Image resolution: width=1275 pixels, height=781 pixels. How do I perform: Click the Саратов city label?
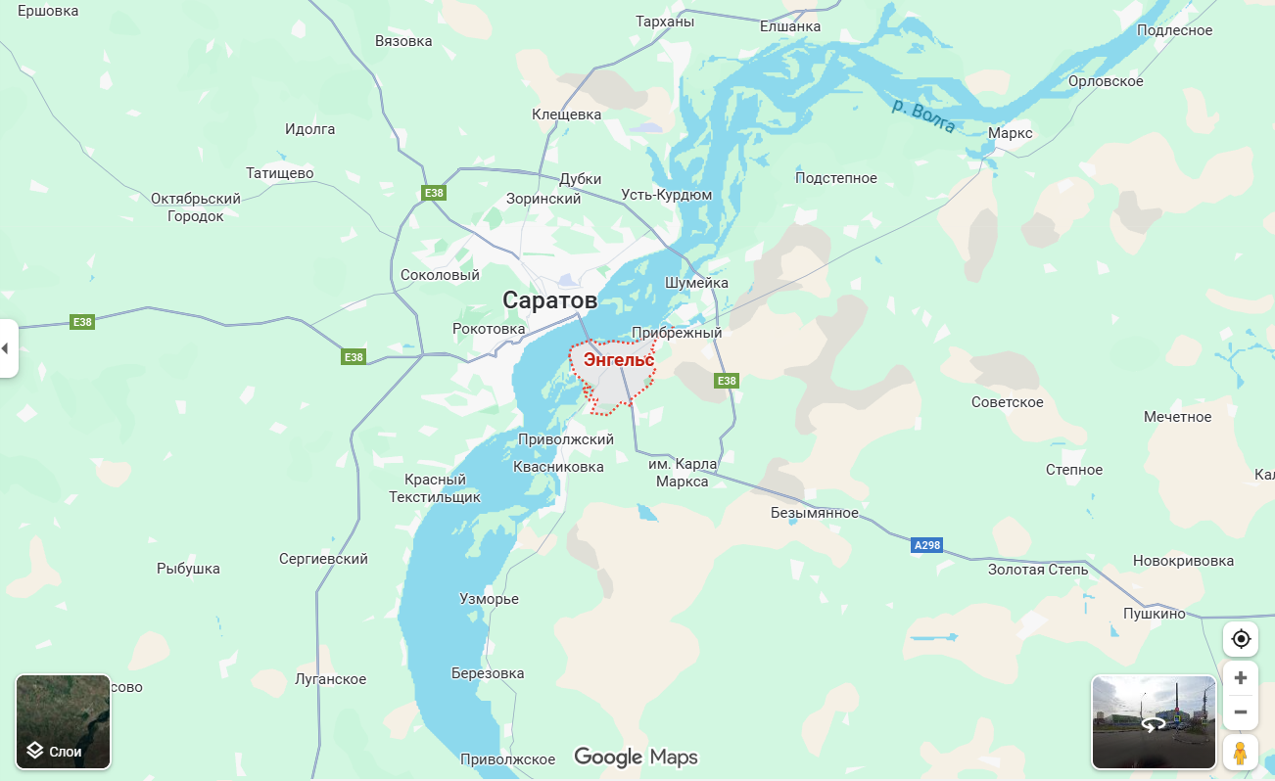pyautogui.click(x=549, y=299)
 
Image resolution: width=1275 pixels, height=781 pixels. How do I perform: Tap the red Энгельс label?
pyautogui.click(x=618, y=360)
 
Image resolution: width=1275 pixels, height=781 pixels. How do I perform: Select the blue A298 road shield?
pyautogui.click(x=925, y=545)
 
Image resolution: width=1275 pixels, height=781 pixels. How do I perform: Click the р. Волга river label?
pyautogui.click(x=923, y=115)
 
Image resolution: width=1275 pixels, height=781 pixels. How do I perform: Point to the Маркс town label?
pyautogui.click(x=1010, y=133)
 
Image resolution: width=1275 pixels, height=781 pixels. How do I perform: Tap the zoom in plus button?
pyautogui.click(x=1241, y=677)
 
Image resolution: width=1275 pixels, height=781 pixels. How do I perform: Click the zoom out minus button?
pyautogui.click(x=1241, y=712)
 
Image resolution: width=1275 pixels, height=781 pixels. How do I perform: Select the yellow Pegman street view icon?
pyautogui.click(x=1241, y=753)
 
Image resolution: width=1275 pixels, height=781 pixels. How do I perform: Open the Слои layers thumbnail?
pyautogui.click(x=63, y=721)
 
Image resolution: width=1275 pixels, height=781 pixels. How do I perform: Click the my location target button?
pyautogui.click(x=1241, y=639)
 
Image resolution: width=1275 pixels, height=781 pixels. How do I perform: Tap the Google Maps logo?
pyautogui.click(x=636, y=757)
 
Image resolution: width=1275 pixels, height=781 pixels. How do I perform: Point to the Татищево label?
pyautogui.click(x=280, y=173)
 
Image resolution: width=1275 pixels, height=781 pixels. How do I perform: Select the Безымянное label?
pyautogui.click(x=814, y=513)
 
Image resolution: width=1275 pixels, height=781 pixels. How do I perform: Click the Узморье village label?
pyautogui.click(x=489, y=599)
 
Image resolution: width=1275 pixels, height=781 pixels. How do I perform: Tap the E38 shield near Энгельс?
pyautogui.click(x=726, y=381)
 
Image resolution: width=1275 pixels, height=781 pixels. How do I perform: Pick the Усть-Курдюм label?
pyautogui.click(x=667, y=195)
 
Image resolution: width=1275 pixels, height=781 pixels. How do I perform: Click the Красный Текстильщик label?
pyautogui.click(x=435, y=488)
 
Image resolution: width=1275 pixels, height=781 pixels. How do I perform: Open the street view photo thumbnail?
pyautogui.click(x=1154, y=721)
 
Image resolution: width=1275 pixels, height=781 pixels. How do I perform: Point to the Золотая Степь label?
pyautogui.click(x=1037, y=569)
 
